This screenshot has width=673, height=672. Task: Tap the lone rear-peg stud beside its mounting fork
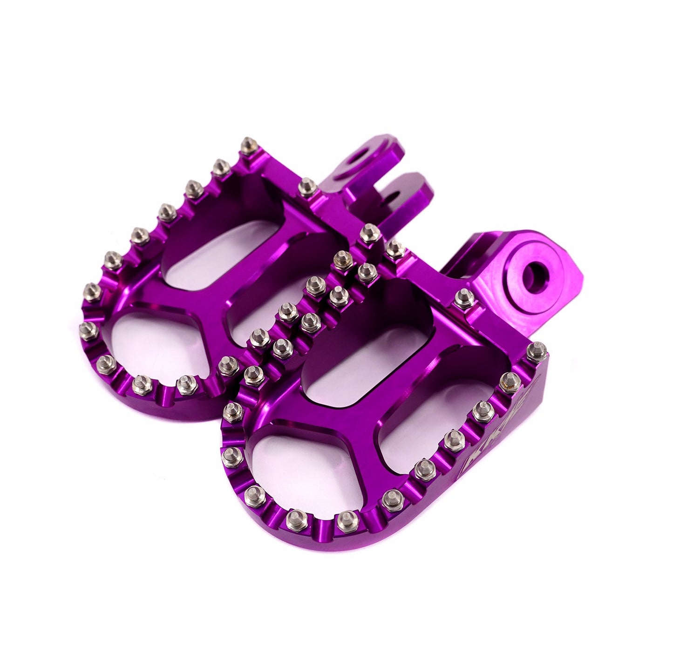click(305, 187)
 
